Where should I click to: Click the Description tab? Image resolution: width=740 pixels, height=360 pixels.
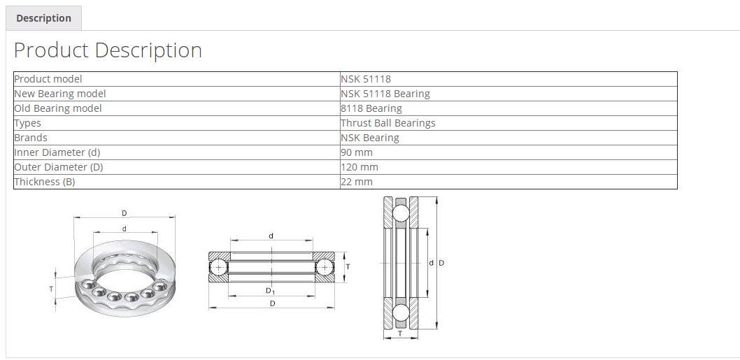click(x=43, y=18)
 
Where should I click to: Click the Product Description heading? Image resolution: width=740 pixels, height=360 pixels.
click(x=108, y=50)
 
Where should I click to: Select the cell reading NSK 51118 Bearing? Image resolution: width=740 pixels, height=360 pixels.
click(x=385, y=94)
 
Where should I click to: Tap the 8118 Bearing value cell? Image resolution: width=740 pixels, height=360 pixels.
click(x=371, y=108)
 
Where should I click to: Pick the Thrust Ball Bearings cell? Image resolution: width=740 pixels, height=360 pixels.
click(x=387, y=123)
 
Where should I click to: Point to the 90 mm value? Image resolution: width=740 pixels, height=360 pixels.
click(x=356, y=152)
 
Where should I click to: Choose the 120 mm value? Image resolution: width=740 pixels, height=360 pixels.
click(x=359, y=167)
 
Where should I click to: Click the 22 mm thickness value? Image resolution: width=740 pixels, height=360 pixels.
click(x=356, y=182)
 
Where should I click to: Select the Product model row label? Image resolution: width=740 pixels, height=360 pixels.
click(x=48, y=79)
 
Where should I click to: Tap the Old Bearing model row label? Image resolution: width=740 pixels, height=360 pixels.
click(x=57, y=108)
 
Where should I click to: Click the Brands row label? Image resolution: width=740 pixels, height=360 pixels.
click(x=30, y=138)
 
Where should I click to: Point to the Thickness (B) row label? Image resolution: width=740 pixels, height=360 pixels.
click(x=44, y=182)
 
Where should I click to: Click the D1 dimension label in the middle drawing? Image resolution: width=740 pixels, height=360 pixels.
click(x=270, y=290)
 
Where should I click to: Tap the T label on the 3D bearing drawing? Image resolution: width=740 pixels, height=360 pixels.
click(x=51, y=289)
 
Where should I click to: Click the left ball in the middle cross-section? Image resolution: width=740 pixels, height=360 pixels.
click(x=220, y=267)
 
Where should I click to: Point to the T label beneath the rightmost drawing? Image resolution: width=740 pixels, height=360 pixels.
click(x=400, y=333)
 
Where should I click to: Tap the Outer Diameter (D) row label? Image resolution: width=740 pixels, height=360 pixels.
click(x=58, y=167)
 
